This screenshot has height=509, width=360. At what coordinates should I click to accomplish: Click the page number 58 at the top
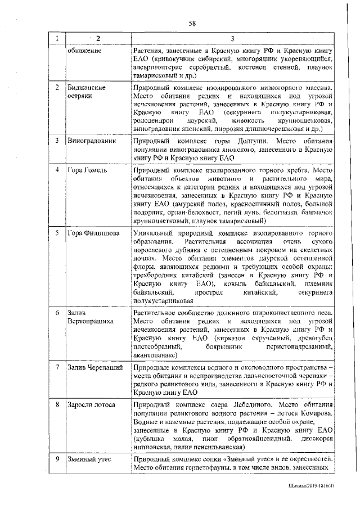click(192, 23)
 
